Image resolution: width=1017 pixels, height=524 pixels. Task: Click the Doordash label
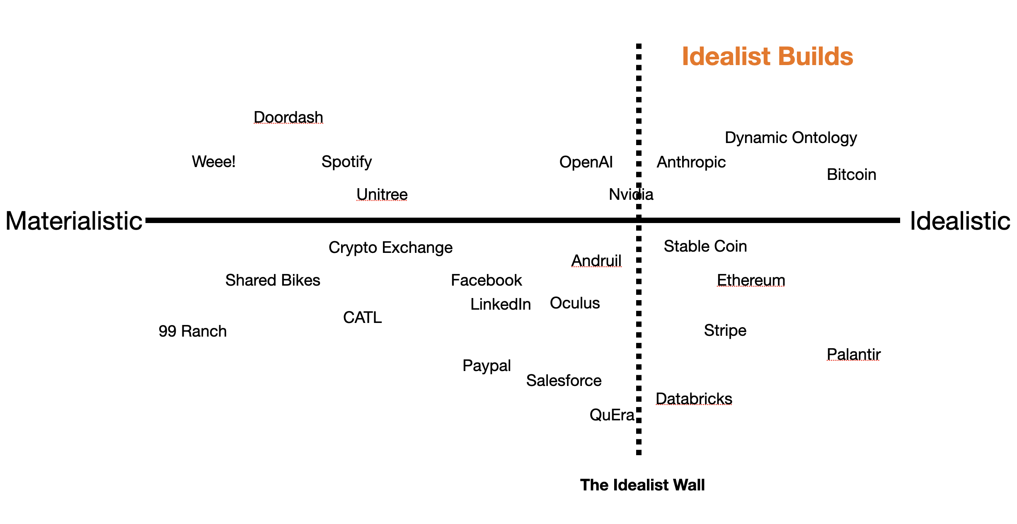[288, 117]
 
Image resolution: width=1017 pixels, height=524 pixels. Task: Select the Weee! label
[213, 161]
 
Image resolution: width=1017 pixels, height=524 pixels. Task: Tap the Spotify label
[346, 162]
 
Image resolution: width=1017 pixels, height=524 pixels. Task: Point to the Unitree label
[382, 194]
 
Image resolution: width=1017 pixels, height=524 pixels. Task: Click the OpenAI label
[586, 162]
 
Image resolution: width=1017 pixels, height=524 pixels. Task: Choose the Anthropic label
[691, 162]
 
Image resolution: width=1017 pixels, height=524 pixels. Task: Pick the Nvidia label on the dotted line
[631, 194]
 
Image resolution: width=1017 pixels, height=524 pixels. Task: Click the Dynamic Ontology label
[790, 138]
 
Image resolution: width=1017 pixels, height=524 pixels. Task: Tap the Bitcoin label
[851, 175]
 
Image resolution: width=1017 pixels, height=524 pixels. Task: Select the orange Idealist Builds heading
[767, 56]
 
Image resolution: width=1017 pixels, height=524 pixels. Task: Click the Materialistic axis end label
[74, 221]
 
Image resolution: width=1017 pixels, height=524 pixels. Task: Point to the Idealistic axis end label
[959, 221]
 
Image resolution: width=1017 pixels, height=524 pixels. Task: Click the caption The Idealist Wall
[642, 485]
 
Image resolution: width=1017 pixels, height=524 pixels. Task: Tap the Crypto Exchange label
[390, 247]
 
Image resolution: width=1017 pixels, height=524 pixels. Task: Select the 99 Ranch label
[192, 331]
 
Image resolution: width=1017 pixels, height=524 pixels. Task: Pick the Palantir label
[853, 354]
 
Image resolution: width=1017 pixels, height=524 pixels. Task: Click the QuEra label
[612, 415]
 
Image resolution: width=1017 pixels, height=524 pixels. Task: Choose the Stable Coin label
[705, 246]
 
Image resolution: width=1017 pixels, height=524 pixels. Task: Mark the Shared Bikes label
[272, 280]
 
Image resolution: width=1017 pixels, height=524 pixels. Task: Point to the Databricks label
[694, 398]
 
